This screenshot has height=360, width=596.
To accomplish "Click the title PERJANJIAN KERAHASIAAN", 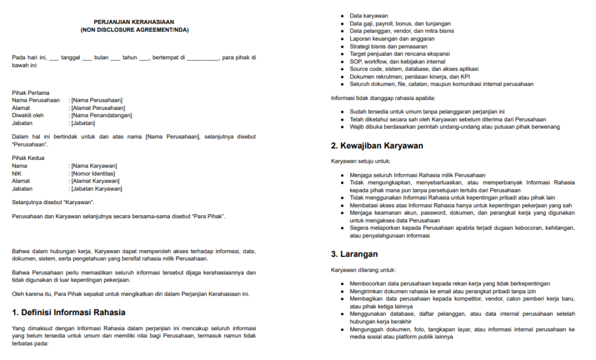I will tap(134, 22).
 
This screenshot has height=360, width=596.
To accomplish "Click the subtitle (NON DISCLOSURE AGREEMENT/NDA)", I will tap(134, 30).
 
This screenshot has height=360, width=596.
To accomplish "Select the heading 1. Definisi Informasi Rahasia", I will tap(69, 313).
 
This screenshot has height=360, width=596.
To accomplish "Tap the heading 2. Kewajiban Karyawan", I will tap(377, 145).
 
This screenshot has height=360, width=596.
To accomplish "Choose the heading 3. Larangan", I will tap(354, 254).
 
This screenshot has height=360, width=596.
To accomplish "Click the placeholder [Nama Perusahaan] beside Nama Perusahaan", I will tap(96, 100).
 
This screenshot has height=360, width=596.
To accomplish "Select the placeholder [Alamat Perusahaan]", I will tap(98, 108).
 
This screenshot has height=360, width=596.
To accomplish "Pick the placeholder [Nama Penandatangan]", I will tap(101, 115).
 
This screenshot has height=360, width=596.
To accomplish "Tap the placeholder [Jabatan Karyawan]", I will tap(96, 188).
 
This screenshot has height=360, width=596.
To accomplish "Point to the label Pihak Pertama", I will tap(30, 92).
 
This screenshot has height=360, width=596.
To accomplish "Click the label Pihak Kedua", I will tap(28, 158).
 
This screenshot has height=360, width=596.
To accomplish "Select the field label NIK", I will tap(17, 173).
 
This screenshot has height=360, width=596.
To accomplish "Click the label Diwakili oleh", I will tap(28, 115).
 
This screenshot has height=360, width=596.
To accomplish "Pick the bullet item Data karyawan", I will tap(369, 16).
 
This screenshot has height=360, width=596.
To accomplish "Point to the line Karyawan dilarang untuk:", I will tap(363, 270).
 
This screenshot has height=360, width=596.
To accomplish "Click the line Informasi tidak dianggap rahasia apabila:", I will tap(383, 98).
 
